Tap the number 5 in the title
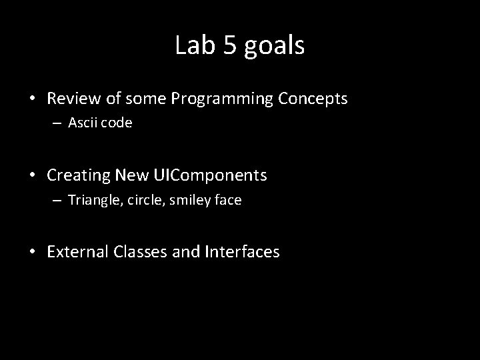point(225,45)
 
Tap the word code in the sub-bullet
point(117,123)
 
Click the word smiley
point(189,201)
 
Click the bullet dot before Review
point(33,99)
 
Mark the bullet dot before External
point(33,253)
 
